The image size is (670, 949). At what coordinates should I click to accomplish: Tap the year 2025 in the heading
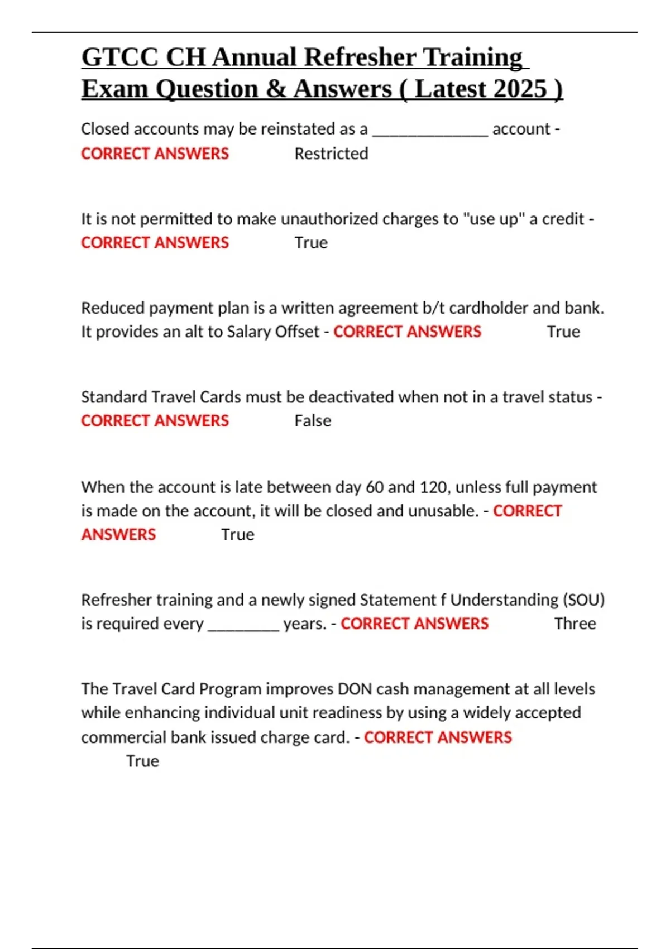click(x=520, y=89)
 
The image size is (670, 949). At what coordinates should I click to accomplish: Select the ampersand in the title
click(x=275, y=89)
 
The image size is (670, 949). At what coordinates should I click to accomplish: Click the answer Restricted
click(x=331, y=154)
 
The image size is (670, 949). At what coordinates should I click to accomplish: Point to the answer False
click(x=313, y=421)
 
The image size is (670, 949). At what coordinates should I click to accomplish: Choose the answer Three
click(x=575, y=624)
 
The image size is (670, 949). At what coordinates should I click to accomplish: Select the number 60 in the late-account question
click(x=375, y=487)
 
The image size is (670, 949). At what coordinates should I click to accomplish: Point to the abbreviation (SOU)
click(x=584, y=600)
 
